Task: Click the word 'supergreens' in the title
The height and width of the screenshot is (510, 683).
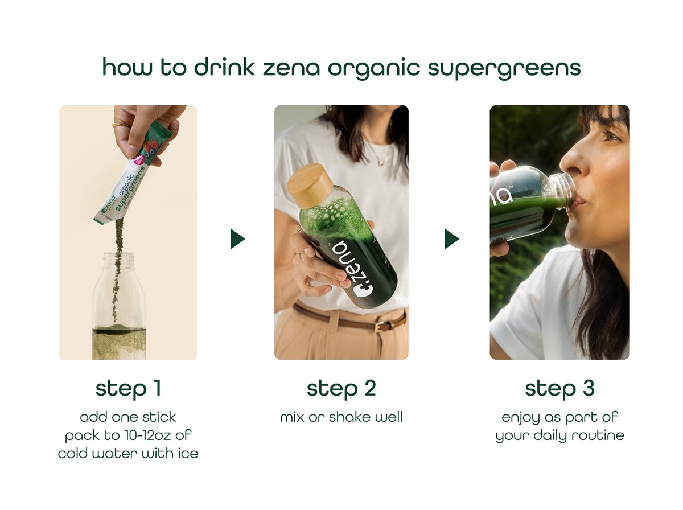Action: (x=504, y=68)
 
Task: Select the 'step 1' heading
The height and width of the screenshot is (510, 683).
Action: (x=128, y=388)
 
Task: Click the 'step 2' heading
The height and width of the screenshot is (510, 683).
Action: (x=341, y=388)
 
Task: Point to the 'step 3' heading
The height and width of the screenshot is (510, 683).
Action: (x=559, y=388)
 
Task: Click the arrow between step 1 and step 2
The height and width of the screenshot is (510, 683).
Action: (x=237, y=239)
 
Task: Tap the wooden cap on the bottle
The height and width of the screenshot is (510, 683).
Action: (x=309, y=186)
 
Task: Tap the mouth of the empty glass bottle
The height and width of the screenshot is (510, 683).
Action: (x=119, y=257)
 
